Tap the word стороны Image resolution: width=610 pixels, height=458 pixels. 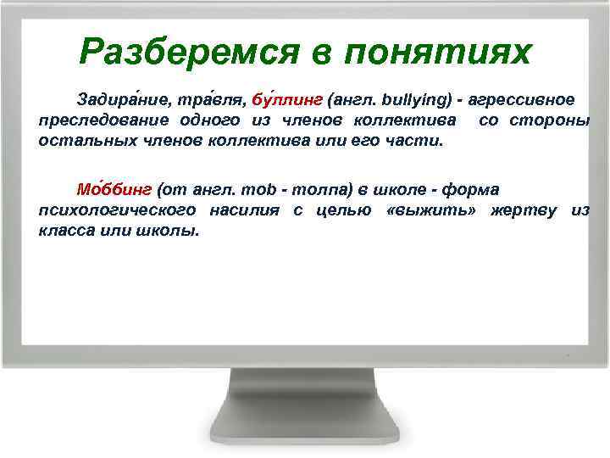click(x=550, y=120)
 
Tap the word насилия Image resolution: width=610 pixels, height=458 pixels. click(x=247, y=209)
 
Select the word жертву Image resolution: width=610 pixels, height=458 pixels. click(x=517, y=209)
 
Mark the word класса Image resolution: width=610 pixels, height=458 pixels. click(x=69, y=230)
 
